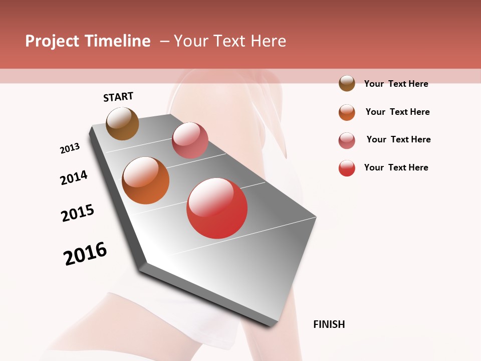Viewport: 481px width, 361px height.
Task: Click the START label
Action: pos(118,97)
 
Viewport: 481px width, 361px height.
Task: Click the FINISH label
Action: pos(329,324)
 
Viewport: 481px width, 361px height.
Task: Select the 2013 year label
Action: pos(70,148)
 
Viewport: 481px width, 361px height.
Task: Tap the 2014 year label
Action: pos(74,178)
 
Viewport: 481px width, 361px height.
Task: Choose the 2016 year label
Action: pos(85,254)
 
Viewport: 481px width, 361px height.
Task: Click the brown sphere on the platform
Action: pos(122,123)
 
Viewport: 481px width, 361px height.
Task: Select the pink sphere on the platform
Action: pos(190,140)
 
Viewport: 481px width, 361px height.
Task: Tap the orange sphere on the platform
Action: pos(145,180)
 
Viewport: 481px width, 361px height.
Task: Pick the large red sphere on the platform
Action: pos(217,208)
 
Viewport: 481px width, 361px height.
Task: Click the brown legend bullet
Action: pos(347,84)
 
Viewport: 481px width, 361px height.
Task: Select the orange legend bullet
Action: pos(347,112)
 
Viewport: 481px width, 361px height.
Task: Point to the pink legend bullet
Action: pos(347,140)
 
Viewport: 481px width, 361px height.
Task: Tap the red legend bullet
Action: pos(347,168)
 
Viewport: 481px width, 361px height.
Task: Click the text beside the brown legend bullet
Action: pos(396,84)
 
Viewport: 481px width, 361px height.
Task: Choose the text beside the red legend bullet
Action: pos(396,167)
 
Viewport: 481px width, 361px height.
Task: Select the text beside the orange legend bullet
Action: pos(397,112)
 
